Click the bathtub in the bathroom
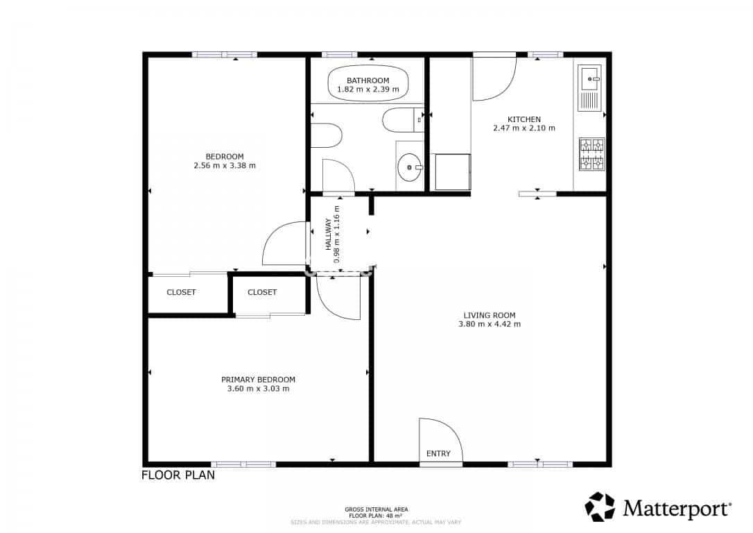(x=367, y=84)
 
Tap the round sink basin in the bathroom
(x=410, y=167)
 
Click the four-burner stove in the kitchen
(x=591, y=154)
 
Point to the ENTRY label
(x=438, y=454)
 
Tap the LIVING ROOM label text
(x=490, y=315)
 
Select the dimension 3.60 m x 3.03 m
(x=258, y=389)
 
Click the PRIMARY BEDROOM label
(x=258, y=380)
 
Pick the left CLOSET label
(x=181, y=292)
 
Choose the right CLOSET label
(x=262, y=292)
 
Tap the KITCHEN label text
(x=523, y=119)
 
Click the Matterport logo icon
(x=600, y=507)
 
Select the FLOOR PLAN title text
(x=178, y=475)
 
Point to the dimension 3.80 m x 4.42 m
(x=490, y=324)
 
